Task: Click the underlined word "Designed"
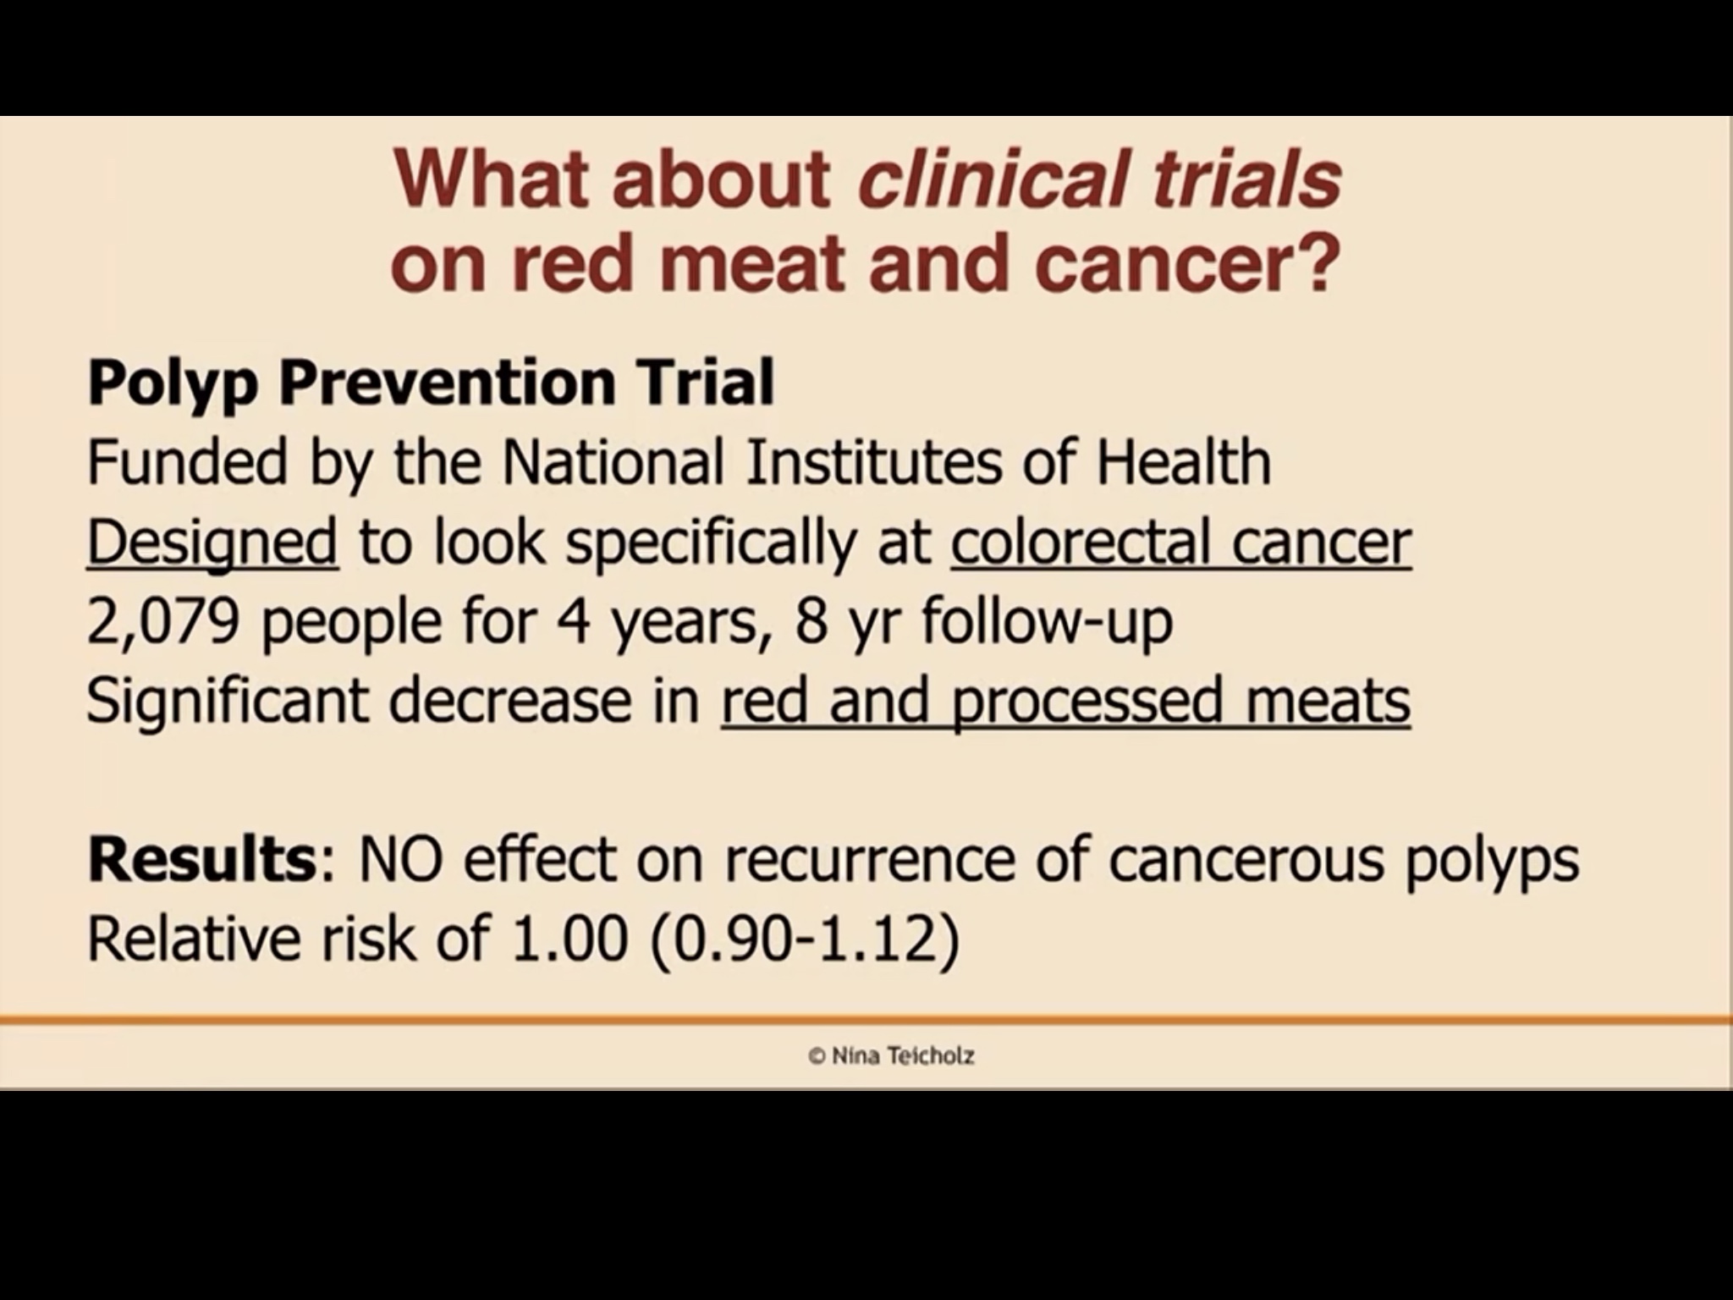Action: coord(212,543)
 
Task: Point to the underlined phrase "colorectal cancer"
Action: coord(1181,542)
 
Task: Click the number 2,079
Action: coord(162,623)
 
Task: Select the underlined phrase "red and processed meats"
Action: coord(1065,702)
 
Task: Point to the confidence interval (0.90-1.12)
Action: coord(806,939)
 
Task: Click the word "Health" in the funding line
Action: coord(1184,463)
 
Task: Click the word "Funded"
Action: coord(187,463)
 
